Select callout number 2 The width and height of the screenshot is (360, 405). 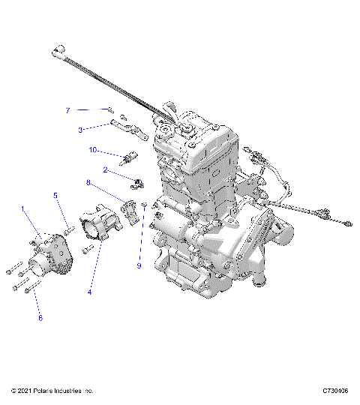106,169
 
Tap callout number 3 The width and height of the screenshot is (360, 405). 80,130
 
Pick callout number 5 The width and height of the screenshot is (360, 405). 55,196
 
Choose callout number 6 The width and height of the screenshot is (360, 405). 40,317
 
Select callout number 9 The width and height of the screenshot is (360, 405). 139,265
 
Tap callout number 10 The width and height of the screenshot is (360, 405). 94,150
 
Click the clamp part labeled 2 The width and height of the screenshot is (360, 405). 139,181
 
